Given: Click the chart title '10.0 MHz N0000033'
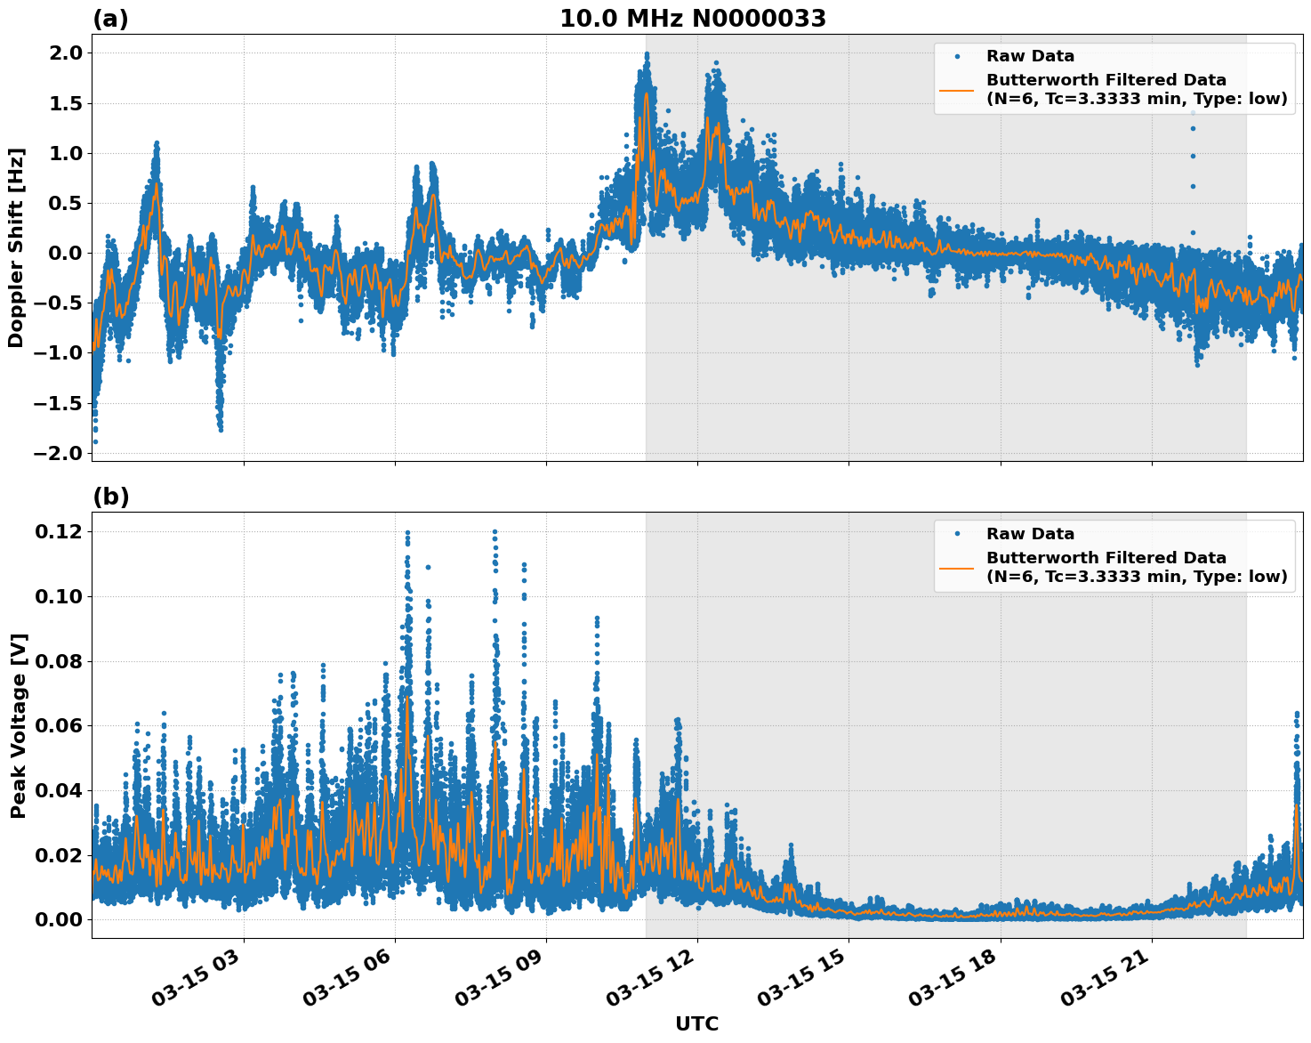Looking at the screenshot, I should [692, 19].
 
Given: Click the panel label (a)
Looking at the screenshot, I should [110, 19].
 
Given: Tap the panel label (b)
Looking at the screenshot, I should [110, 497].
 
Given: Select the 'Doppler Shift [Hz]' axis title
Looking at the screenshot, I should [16, 247].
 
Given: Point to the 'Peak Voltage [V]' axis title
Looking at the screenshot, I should [18, 725].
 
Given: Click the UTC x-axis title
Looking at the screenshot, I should [696, 1023].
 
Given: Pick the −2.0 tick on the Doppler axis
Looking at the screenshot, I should [58, 453].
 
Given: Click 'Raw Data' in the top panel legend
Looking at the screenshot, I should [1030, 56].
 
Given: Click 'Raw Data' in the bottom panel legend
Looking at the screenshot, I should [1030, 534].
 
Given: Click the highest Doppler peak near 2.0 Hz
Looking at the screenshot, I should [647, 54].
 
